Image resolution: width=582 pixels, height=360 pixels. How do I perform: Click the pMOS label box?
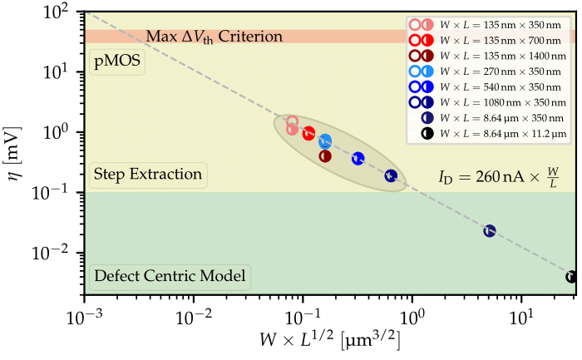pyautogui.click(x=116, y=61)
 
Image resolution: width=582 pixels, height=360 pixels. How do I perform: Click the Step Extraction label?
pyautogui.click(x=147, y=175)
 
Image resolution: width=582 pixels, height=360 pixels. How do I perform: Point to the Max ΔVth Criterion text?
pyautogui.click(x=215, y=37)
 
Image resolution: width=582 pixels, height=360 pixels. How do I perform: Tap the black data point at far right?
pyautogui.click(x=571, y=277)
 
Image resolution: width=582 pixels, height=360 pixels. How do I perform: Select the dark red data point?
pyautogui.click(x=325, y=155)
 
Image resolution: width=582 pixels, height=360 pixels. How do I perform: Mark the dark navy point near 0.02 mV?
pyautogui.click(x=490, y=230)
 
